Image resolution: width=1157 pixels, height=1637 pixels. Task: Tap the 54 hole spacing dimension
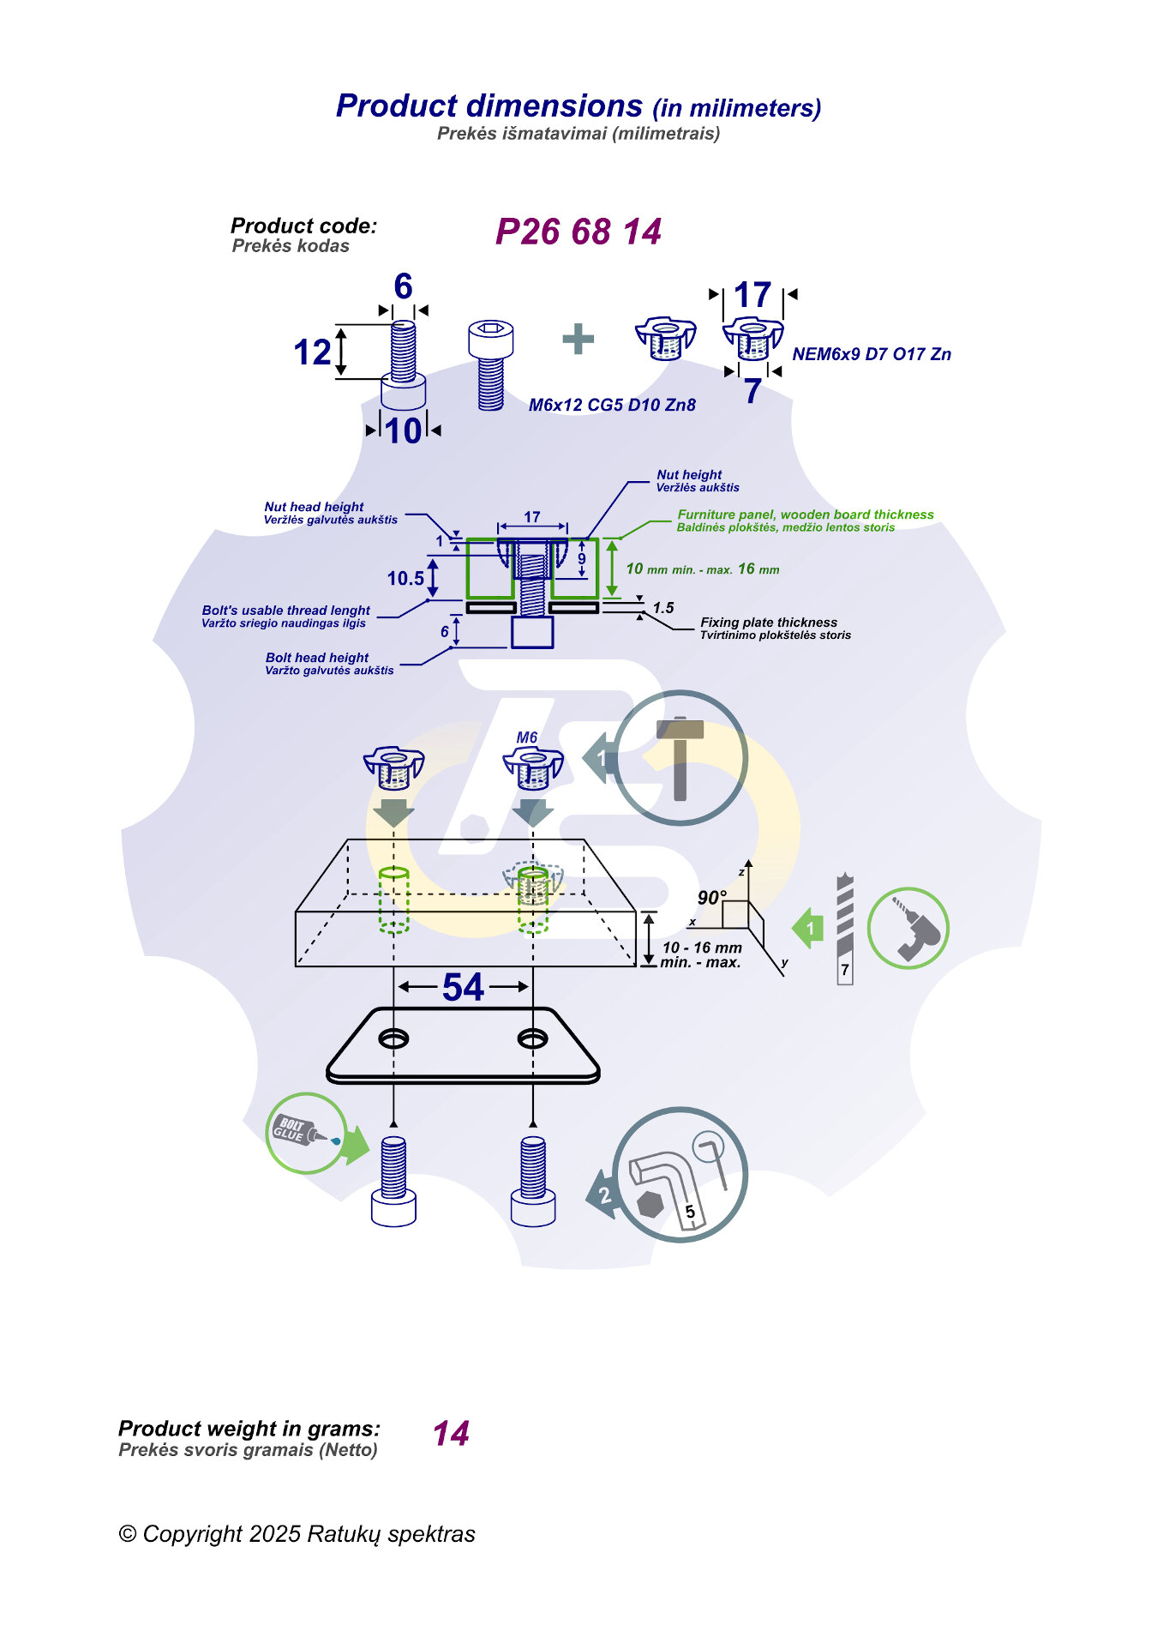(x=463, y=987)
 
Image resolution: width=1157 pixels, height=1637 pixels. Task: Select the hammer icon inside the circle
(x=680, y=757)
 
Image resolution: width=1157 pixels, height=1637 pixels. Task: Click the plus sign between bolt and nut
(x=578, y=339)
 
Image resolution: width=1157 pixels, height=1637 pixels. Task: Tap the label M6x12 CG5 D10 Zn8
(x=612, y=405)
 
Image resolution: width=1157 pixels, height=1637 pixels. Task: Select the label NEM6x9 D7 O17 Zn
(x=871, y=354)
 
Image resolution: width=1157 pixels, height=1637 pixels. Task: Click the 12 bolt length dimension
(x=312, y=352)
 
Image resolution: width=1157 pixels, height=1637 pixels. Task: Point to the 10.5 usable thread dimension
(x=405, y=578)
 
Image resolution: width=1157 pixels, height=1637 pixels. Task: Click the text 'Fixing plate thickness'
(x=768, y=623)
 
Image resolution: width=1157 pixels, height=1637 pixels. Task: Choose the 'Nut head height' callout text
(x=314, y=507)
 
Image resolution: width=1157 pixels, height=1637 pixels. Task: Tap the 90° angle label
(x=711, y=898)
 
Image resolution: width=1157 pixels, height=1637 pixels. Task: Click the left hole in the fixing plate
(x=393, y=1038)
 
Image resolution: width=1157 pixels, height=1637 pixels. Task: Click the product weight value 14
(x=451, y=1434)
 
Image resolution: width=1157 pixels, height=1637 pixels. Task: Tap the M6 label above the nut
(x=526, y=737)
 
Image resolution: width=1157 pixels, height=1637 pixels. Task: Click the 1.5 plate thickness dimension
(x=662, y=608)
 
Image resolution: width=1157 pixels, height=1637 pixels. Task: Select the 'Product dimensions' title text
(x=489, y=105)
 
